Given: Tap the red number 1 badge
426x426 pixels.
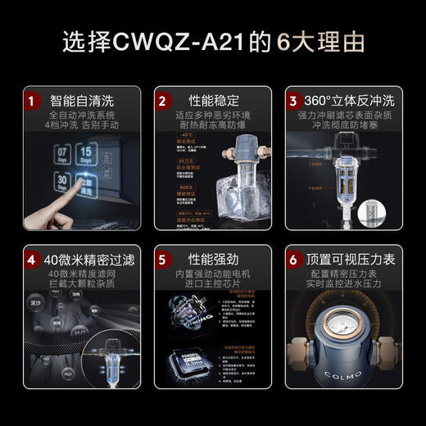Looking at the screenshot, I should tap(32, 102).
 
